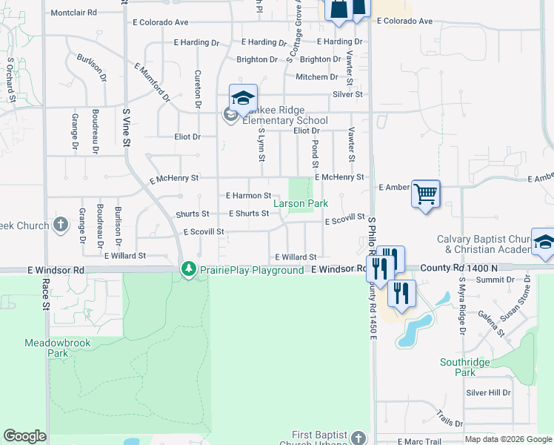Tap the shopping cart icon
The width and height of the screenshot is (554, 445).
(425, 194)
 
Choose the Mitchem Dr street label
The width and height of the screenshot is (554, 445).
(317, 77)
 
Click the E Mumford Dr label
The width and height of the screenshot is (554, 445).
(153, 82)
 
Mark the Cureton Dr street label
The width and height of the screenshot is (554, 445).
(198, 90)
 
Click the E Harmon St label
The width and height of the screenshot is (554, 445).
(248, 196)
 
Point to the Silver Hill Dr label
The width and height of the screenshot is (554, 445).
(488, 392)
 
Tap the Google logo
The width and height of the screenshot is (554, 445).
(24, 436)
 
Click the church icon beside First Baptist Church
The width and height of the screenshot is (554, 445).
(358, 438)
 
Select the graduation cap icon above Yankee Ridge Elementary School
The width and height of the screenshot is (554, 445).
(243, 98)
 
